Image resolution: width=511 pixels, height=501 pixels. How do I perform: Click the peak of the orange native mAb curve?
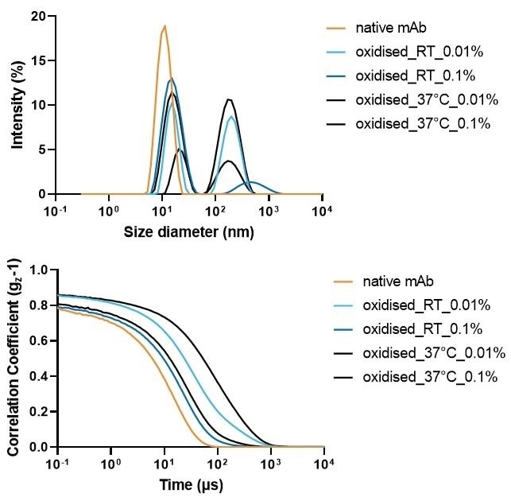point(164,25)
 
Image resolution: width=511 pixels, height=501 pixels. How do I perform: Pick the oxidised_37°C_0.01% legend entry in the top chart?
point(427,99)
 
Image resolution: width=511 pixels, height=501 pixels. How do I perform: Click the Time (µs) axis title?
point(190,484)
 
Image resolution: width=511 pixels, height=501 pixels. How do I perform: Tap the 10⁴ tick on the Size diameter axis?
point(323,210)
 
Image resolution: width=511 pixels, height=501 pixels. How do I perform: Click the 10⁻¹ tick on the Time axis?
point(58,463)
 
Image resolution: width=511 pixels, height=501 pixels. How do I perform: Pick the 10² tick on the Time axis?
point(217,463)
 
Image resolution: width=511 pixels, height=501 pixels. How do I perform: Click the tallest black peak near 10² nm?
point(229,99)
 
